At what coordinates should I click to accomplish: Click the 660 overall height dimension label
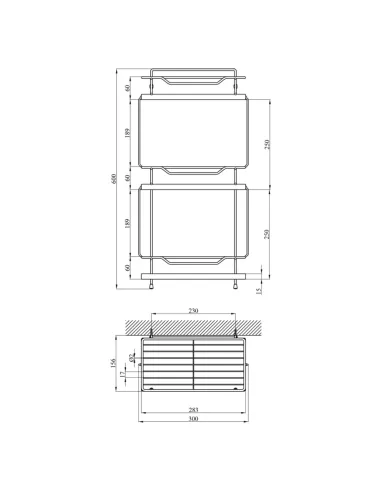coord(113,179)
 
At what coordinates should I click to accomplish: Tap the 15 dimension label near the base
coord(259,291)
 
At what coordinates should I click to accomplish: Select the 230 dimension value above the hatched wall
coord(193,310)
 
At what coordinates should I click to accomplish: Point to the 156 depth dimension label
coord(113,363)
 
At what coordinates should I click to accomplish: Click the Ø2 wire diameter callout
coord(131,358)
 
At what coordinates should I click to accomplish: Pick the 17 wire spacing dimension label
coord(123,374)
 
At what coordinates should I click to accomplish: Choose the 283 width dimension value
coord(193,410)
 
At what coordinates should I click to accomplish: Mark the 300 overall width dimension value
coord(193,419)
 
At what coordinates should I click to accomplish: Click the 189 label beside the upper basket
coord(127,133)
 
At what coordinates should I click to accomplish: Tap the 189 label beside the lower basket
coord(127,223)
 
